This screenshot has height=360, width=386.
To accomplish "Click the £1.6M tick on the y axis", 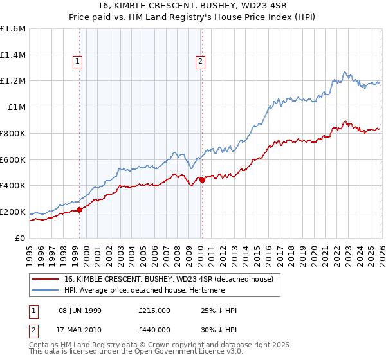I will click(x=13, y=29).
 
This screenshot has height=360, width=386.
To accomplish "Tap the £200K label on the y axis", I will click(x=13, y=212).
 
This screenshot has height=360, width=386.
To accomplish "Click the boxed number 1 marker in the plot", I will click(x=78, y=62).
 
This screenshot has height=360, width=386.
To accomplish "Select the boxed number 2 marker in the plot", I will click(x=200, y=62).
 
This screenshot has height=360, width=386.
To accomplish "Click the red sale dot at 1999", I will click(x=80, y=209).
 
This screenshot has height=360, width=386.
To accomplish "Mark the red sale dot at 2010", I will click(x=202, y=180).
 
